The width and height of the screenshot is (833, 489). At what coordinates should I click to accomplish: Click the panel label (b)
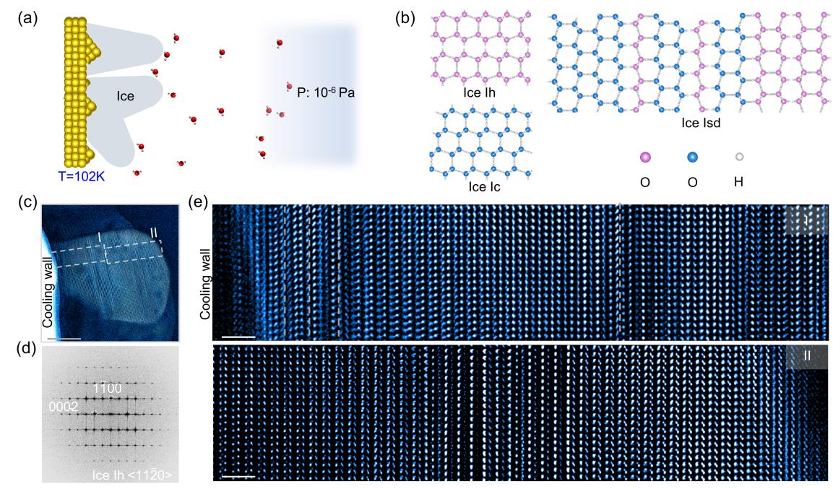(405, 16)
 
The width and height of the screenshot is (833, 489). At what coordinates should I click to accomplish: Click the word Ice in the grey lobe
(126, 95)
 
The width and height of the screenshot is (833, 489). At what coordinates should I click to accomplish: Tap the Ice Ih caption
(480, 92)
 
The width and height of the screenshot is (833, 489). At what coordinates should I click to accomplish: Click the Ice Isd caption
(701, 124)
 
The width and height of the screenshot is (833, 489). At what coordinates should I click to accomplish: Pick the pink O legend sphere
(645, 157)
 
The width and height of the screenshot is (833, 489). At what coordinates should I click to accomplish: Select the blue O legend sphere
(691, 157)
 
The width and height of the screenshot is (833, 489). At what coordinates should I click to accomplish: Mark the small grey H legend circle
(738, 157)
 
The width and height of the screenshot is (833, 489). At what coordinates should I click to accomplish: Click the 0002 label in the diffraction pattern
(64, 407)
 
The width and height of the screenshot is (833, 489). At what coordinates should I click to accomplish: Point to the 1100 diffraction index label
(107, 389)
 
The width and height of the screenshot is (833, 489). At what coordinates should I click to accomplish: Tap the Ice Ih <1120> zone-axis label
(132, 475)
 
